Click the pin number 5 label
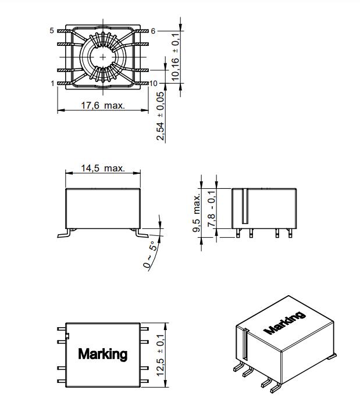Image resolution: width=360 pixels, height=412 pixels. [x=52, y=31]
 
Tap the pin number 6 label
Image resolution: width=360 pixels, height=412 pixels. [x=153, y=31]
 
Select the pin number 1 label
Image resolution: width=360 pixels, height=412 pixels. [x=52, y=83]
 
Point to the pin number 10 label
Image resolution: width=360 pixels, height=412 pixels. [x=154, y=83]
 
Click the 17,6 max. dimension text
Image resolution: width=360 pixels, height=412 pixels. [x=103, y=105]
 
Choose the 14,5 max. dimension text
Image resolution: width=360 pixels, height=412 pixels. [x=103, y=168]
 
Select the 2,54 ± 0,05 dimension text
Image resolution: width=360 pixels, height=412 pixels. [x=160, y=116]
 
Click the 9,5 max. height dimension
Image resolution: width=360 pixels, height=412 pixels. [x=197, y=213]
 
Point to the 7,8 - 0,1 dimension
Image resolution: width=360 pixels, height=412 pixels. [x=212, y=209]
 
